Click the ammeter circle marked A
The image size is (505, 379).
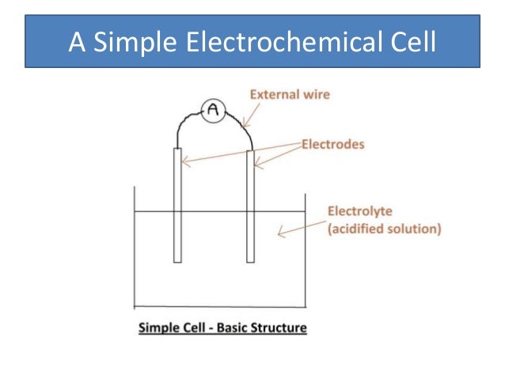click(x=212, y=112)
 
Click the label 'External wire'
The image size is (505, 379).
click(x=290, y=95)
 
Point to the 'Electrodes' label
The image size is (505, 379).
click(x=332, y=145)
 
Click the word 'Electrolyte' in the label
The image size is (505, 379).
click(x=355, y=212)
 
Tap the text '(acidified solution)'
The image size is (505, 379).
click(x=384, y=229)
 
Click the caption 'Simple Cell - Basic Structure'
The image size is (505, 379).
click(x=222, y=327)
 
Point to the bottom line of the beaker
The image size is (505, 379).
click(x=220, y=306)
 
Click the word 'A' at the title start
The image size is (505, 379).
click(x=77, y=41)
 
